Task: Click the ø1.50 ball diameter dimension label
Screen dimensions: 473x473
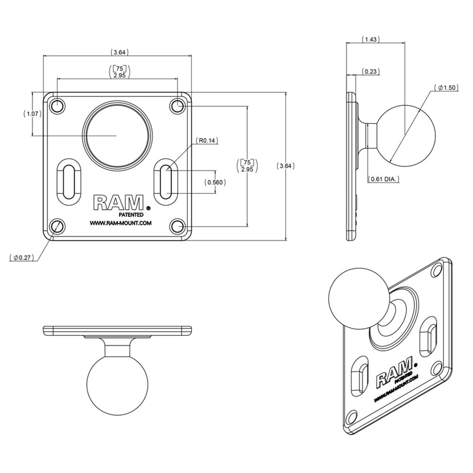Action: pyautogui.click(x=447, y=88)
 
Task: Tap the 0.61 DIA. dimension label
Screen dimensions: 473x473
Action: pyautogui.click(x=384, y=179)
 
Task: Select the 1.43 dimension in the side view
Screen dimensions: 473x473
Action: pyautogui.click(x=370, y=39)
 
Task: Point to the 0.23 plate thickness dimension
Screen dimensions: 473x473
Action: pyautogui.click(x=370, y=71)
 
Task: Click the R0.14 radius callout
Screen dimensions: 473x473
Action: pyautogui.click(x=207, y=140)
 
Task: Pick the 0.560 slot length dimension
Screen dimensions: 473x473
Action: pyautogui.click(x=215, y=182)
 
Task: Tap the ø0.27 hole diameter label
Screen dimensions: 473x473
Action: pyautogui.click(x=22, y=257)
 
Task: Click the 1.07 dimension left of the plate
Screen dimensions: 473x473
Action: pyautogui.click(x=32, y=114)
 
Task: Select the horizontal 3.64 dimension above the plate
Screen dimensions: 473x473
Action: pyautogui.click(x=120, y=52)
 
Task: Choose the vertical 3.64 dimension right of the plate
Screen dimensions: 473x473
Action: pyautogui.click(x=285, y=166)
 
